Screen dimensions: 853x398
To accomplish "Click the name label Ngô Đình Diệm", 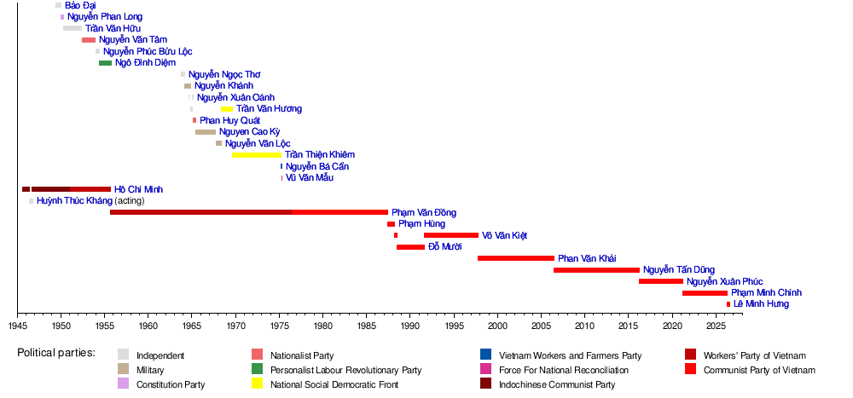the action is click(x=145, y=63).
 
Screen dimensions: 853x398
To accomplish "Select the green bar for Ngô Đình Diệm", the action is click(x=106, y=63).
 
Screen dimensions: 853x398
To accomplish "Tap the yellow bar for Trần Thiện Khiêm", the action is click(x=257, y=155).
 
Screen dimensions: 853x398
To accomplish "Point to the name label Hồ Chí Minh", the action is click(x=138, y=190).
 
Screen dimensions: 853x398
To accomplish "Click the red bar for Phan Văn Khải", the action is click(x=516, y=258).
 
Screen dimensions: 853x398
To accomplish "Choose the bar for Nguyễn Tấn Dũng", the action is click(x=597, y=270).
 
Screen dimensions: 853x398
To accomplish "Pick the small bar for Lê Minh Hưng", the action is click(x=728, y=304).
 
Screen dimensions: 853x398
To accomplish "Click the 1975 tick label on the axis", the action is click(x=280, y=326).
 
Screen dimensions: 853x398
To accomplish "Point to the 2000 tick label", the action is click(x=498, y=326).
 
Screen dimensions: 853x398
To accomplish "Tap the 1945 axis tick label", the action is click(x=17, y=326).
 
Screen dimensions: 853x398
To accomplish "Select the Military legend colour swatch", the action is click(x=124, y=369).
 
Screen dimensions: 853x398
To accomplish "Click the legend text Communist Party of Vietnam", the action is click(x=759, y=370).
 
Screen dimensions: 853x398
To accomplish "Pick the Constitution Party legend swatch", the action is click(x=124, y=384).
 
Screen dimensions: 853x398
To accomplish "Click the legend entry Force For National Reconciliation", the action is click(x=564, y=370).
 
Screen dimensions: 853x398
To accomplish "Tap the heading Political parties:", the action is click(x=56, y=352).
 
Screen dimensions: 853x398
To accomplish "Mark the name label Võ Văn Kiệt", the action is click(x=504, y=236).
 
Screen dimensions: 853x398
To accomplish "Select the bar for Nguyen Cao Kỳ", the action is click(x=206, y=132).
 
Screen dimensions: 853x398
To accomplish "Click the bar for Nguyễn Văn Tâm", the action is click(x=89, y=40).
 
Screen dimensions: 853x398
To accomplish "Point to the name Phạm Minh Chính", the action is click(x=766, y=293).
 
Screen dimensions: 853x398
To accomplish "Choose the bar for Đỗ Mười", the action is click(x=411, y=247).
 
